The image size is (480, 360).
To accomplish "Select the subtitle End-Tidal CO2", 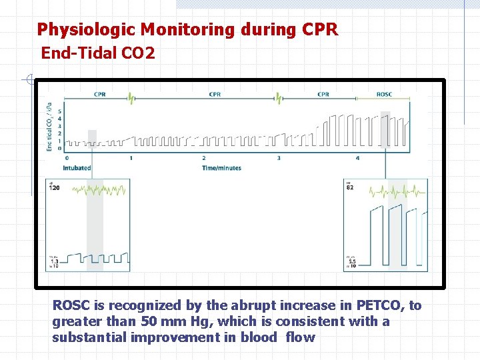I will point(98,53).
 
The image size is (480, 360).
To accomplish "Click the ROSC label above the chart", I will point(384,95).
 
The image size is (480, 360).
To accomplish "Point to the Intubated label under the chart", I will point(77,168).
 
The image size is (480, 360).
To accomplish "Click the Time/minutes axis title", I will point(221,168).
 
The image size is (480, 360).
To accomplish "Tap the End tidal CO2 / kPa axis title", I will point(50,127).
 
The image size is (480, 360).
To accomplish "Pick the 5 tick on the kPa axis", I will point(60,111).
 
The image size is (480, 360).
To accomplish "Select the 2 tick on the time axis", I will point(204,158).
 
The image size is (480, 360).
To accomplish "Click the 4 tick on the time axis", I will point(357,158).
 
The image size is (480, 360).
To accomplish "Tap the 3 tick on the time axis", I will point(279,158).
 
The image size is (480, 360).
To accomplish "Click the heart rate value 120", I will point(54,188).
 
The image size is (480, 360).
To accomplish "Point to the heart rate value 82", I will point(351,188).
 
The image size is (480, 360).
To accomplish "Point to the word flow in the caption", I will point(300,337).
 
